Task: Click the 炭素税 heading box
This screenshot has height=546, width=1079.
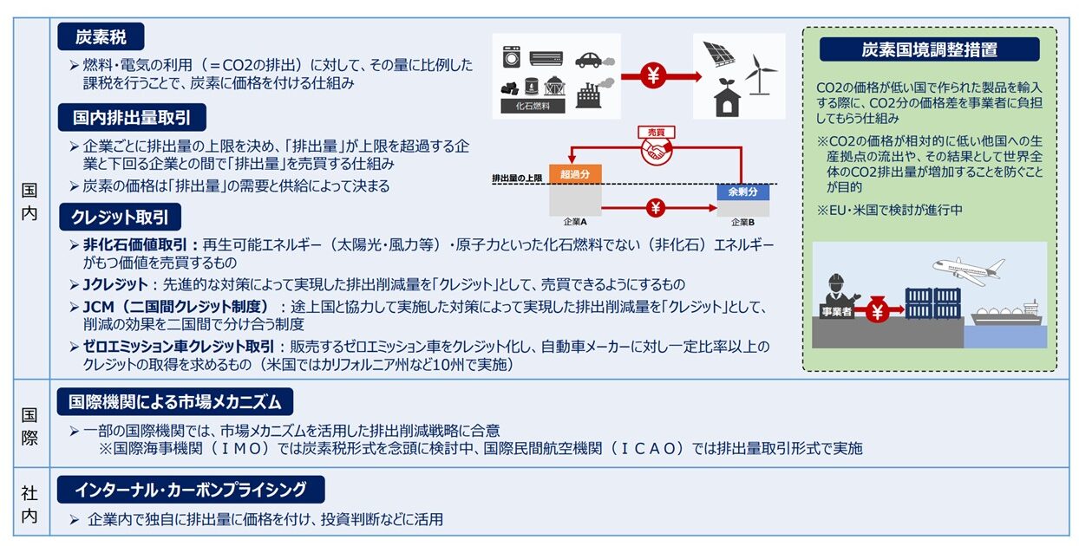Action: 100,36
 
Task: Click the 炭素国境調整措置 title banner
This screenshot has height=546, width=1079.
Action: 929,49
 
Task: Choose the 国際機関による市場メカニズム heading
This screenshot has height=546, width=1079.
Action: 175,402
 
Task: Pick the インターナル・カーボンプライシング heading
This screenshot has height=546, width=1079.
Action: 191,490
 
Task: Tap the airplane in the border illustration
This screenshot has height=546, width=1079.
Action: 966,269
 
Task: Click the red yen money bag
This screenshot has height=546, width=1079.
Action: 877,311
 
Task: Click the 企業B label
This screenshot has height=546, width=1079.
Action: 742,222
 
